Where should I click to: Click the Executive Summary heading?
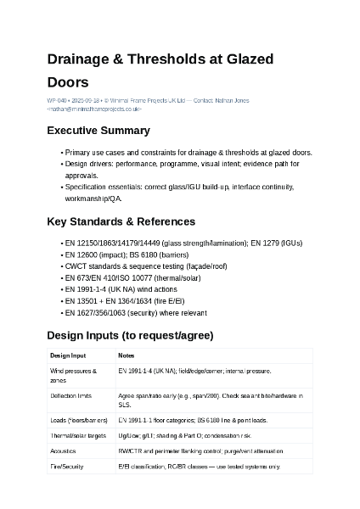[x=98, y=131]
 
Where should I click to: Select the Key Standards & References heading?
[x=121, y=221]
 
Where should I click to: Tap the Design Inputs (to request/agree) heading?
[x=130, y=335]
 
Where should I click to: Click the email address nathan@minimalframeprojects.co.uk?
[x=94, y=109]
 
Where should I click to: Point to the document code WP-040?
[x=57, y=101]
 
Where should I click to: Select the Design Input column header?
[x=68, y=355]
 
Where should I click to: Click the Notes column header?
[x=126, y=355]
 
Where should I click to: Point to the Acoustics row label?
[x=64, y=451]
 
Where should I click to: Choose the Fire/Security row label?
[x=67, y=467]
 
